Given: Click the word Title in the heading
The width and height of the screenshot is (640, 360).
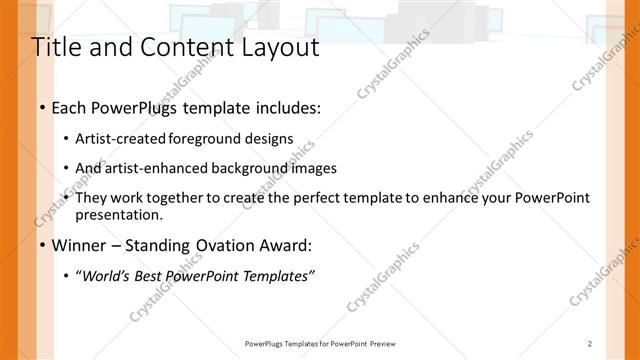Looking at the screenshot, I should (57, 47).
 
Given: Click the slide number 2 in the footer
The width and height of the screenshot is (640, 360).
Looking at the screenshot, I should (590, 343).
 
